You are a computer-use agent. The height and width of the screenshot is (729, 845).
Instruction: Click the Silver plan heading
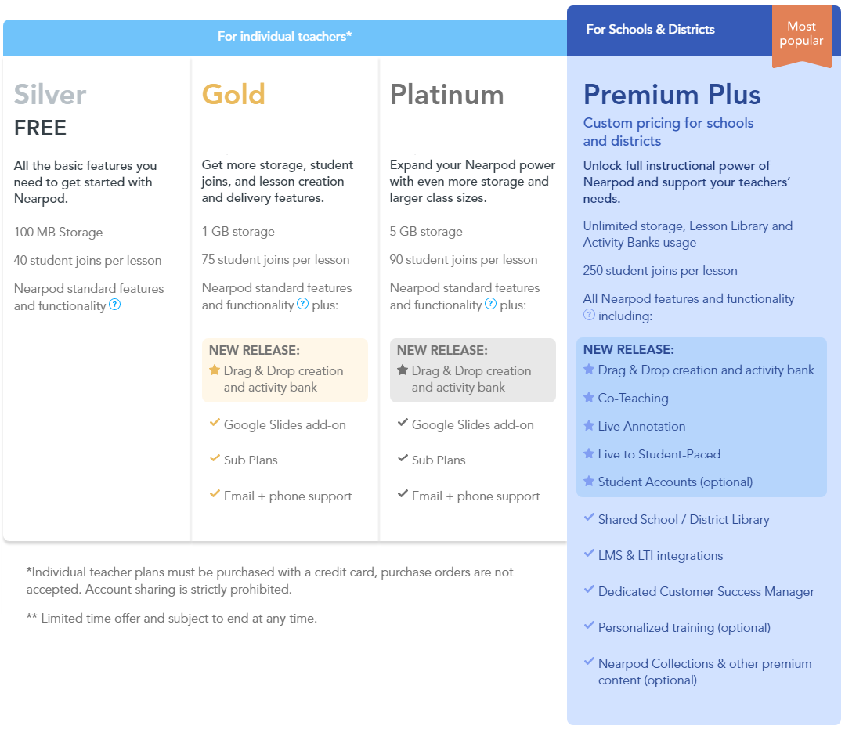(x=49, y=95)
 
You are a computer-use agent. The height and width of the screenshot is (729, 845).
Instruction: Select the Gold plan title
(x=233, y=94)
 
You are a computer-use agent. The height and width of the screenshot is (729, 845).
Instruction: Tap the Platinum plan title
(x=446, y=95)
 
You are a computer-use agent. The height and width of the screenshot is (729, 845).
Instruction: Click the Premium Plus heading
(x=671, y=95)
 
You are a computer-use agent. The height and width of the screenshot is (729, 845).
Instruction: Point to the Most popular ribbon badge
(x=801, y=35)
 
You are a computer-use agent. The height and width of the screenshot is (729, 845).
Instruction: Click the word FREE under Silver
(x=40, y=128)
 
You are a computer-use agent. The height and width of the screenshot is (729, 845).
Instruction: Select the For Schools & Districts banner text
(x=651, y=29)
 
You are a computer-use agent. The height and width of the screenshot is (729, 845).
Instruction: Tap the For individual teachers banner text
(x=284, y=36)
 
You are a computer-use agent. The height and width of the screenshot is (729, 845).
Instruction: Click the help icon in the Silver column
(x=115, y=305)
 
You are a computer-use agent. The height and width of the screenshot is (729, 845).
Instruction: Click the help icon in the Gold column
(x=303, y=304)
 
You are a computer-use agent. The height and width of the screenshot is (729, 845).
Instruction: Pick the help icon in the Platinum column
(x=490, y=304)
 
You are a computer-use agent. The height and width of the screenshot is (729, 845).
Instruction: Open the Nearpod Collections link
(x=655, y=664)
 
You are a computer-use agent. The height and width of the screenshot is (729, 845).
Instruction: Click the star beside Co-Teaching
(x=589, y=397)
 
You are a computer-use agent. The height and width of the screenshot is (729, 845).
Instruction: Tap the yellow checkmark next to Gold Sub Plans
(x=215, y=459)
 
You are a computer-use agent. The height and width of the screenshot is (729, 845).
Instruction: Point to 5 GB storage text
(x=426, y=232)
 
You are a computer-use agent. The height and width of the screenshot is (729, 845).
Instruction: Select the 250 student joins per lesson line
(x=660, y=270)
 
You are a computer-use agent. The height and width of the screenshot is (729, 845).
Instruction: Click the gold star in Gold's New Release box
(x=215, y=370)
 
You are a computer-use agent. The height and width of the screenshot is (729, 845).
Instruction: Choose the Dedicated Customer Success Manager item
(x=706, y=592)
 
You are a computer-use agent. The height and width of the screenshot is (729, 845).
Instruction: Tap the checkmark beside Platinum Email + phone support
(x=403, y=494)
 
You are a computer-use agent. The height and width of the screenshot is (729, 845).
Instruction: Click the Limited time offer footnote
(x=172, y=618)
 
